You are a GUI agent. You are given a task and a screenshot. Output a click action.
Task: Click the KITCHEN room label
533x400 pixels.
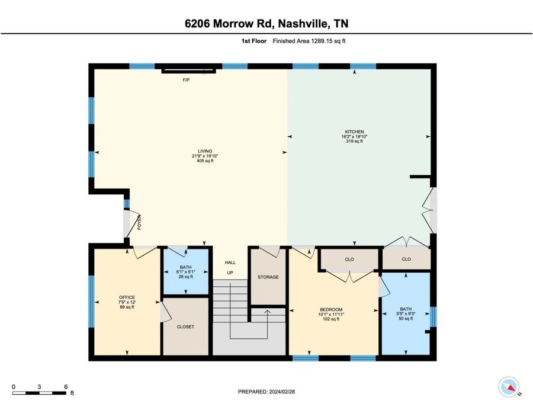click(x=354, y=132)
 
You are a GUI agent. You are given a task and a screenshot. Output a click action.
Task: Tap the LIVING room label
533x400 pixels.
click(x=205, y=151)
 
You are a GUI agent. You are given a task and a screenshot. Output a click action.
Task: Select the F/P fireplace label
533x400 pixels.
click(x=186, y=80)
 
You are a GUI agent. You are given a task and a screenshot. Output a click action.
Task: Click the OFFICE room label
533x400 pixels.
click(x=127, y=297)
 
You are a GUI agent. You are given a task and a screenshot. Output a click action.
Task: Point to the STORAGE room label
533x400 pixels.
click(x=268, y=277)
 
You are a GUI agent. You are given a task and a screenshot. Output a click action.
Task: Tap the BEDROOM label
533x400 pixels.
click(x=330, y=309)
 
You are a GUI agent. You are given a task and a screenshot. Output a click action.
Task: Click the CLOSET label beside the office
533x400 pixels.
click(x=185, y=327)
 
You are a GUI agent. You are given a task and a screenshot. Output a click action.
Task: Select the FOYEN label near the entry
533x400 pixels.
click(x=139, y=222)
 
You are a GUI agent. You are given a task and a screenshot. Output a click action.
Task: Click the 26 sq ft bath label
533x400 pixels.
click(x=185, y=277)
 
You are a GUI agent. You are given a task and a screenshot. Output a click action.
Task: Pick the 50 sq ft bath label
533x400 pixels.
click(x=406, y=319)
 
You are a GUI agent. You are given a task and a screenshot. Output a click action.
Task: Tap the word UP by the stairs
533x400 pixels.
click(x=230, y=273)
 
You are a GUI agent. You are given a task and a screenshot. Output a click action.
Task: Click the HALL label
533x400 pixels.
click(x=230, y=263)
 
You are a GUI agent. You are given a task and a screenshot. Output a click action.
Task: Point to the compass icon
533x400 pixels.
click(x=509, y=387)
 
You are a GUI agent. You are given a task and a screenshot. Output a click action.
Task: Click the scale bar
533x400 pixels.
click(x=40, y=393)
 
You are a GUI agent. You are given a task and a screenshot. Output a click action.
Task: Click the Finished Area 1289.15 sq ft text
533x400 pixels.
click(x=309, y=41)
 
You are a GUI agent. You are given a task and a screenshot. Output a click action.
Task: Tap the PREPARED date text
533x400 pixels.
click(x=266, y=392)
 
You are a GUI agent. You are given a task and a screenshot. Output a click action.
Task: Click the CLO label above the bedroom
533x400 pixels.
click(x=349, y=260)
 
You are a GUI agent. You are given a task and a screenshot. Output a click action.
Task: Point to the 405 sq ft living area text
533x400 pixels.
click(x=205, y=161)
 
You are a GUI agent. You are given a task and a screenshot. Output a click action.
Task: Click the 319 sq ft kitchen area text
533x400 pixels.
click(x=354, y=141)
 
